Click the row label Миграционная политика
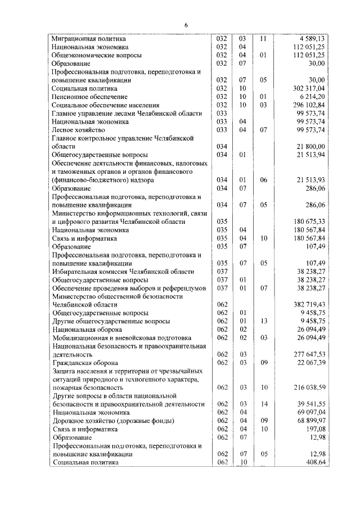point(84,39)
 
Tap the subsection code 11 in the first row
point(262,39)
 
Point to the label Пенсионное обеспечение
point(82,97)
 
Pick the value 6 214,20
point(312,97)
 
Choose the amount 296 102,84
point(308,105)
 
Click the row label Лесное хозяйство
point(75,130)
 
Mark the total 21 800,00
point(310,146)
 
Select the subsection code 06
point(262,180)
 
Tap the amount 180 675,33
point(308,222)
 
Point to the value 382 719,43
point(308,304)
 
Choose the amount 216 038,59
point(308,388)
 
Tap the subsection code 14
point(262,404)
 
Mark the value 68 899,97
point(310,421)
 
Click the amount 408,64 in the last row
point(314,462)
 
